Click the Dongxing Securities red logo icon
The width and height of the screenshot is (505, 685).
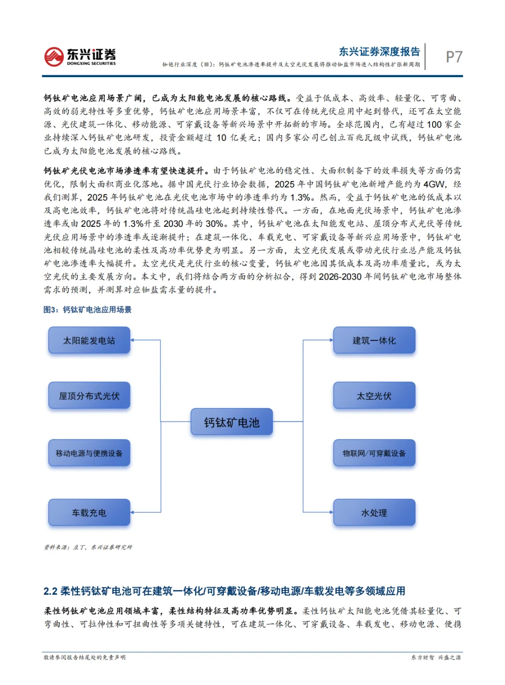tap(54, 57)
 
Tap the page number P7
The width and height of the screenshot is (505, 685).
tap(454, 57)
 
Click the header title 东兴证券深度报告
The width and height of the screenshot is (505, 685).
tap(379, 51)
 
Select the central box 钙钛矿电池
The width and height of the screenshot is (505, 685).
tap(231, 422)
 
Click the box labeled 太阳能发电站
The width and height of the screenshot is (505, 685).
tap(89, 340)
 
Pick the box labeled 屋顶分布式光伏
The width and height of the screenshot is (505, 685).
tap(89, 396)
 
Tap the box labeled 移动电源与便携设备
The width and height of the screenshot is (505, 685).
tap(89, 453)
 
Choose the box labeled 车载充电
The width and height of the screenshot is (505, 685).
tap(89, 513)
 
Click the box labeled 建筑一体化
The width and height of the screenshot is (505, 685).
tap(374, 340)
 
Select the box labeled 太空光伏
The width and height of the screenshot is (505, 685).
tap(374, 396)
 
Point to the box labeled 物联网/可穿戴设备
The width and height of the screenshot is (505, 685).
tap(374, 453)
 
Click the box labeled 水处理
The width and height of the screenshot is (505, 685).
tap(374, 513)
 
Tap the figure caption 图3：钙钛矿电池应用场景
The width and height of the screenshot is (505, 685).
tap(87, 310)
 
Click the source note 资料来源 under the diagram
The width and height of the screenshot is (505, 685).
tap(88, 547)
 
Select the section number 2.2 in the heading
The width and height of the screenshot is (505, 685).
tap(50, 591)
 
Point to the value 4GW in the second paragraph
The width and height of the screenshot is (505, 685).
tap(434, 184)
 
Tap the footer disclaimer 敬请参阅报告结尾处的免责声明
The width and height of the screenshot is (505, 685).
tap(85, 657)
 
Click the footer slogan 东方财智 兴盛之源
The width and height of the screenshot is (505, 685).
tap(436, 657)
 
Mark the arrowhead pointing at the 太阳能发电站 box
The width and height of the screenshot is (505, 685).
tap(133, 340)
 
